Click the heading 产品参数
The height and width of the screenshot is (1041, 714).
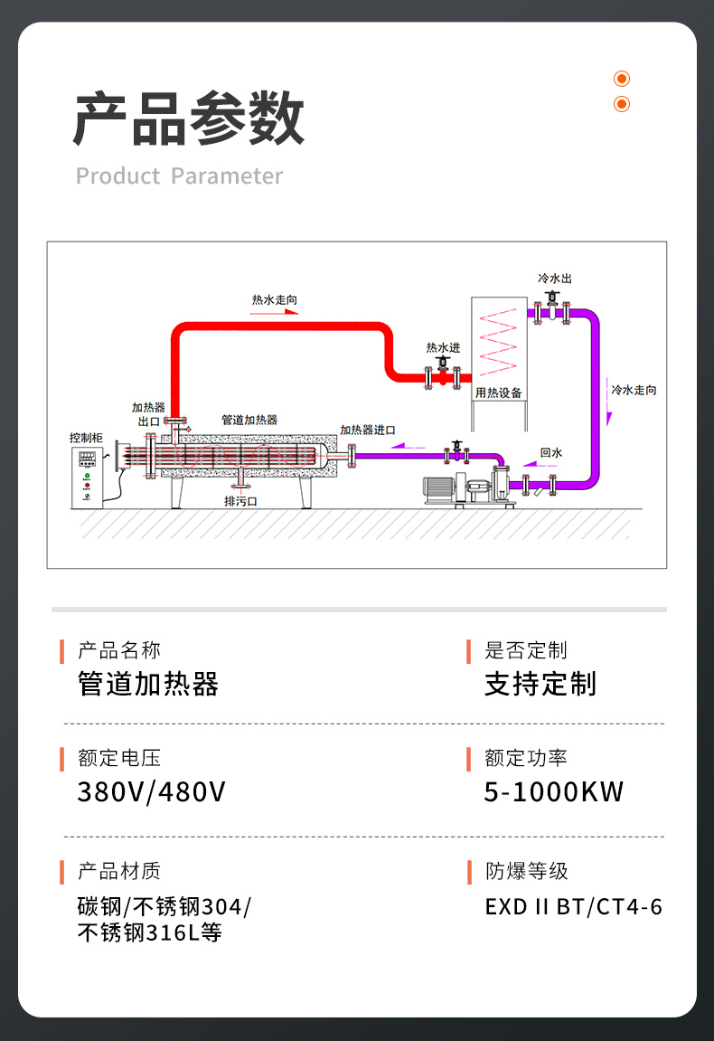point(188,118)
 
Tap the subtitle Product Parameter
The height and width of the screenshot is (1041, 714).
point(179,176)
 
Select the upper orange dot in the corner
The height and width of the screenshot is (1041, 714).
point(622,79)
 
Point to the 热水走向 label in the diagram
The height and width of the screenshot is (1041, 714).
point(275,299)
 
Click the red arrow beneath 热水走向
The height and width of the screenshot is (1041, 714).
point(275,312)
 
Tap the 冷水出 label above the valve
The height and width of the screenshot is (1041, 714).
point(554,278)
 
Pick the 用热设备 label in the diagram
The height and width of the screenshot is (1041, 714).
point(499,393)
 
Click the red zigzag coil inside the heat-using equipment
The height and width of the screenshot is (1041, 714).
point(499,344)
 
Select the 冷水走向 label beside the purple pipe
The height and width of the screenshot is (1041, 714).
point(634,390)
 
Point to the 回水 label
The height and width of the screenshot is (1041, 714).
point(551,452)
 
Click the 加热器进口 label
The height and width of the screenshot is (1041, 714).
point(368,430)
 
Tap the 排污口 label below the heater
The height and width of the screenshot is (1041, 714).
point(240,500)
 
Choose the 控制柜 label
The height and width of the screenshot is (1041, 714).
point(87,438)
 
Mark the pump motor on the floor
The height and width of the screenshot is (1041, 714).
point(442,486)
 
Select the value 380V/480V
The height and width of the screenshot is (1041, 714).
point(152,792)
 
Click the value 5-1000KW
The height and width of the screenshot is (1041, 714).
point(554,792)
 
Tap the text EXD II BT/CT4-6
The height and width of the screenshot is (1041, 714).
point(573,906)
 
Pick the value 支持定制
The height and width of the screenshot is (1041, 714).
point(540,685)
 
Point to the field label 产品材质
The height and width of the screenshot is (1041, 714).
point(119,871)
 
